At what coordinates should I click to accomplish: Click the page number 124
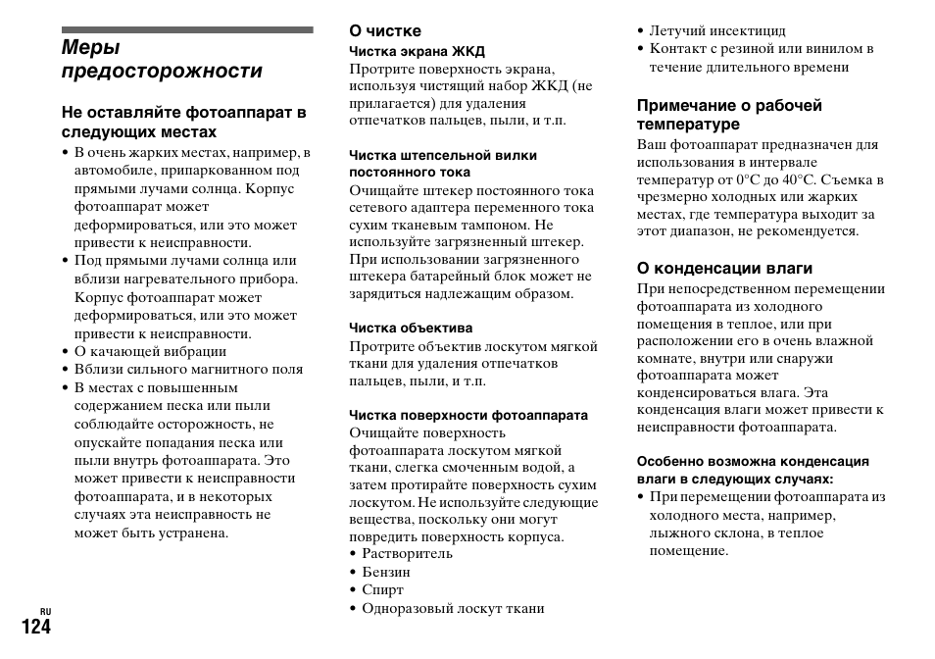coord(26,628)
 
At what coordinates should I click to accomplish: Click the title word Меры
coord(90,46)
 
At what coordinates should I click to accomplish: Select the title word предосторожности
coord(162,71)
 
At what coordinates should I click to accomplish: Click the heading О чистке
coord(385,30)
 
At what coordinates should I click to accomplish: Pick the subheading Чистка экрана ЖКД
coord(417,51)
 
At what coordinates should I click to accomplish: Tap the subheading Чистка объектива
coord(411,328)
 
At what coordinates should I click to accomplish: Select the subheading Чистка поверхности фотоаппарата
coord(468,415)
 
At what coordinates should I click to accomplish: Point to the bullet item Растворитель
coord(407,553)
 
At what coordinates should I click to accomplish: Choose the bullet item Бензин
coord(386,572)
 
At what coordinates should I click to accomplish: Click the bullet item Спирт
coord(382,590)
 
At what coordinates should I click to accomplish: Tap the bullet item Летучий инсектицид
coord(716,30)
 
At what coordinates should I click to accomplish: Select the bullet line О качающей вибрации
coord(150,351)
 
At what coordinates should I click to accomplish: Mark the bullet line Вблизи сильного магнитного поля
coord(188,370)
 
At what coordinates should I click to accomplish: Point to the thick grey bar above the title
coord(186,29)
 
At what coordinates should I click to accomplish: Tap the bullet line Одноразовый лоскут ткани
coord(452,609)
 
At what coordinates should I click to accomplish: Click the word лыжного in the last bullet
coord(676,533)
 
